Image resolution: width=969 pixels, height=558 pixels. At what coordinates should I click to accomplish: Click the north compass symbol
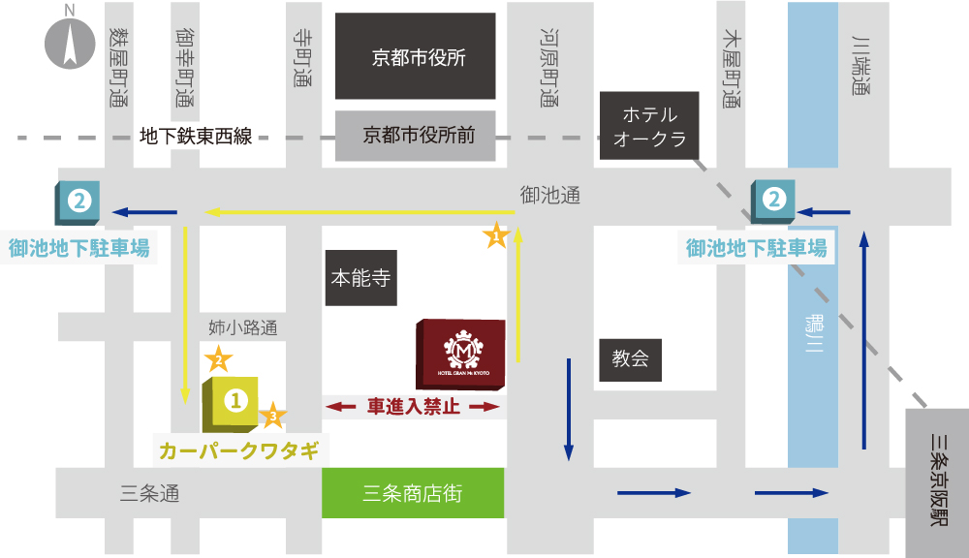click(x=69, y=44)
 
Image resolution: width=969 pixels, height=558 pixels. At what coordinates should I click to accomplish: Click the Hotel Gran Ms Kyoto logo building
click(x=459, y=354)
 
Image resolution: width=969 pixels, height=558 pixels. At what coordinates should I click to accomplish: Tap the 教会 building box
click(x=630, y=359)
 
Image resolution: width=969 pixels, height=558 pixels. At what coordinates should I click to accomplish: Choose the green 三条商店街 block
click(x=413, y=493)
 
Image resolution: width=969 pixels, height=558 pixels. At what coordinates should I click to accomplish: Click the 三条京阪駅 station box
click(x=937, y=481)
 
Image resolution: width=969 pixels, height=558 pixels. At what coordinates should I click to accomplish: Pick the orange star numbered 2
click(x=219, y=359)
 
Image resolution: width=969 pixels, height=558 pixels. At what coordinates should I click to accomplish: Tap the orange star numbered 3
click(x=273, y=416)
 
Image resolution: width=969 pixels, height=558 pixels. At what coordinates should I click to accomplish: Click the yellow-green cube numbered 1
click(x=232, y=402)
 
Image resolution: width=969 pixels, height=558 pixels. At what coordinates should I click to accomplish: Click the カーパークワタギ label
click(x=238, y=451)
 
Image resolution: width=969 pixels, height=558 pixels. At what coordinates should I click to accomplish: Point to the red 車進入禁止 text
click(x=414, y=408)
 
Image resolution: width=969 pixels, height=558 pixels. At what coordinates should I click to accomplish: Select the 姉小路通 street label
click(x=243, y=327)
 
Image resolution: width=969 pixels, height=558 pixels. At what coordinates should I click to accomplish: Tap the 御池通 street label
click(x=550, y=196)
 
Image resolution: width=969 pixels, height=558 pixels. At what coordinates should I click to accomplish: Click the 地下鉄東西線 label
click(x=196, y=137)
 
